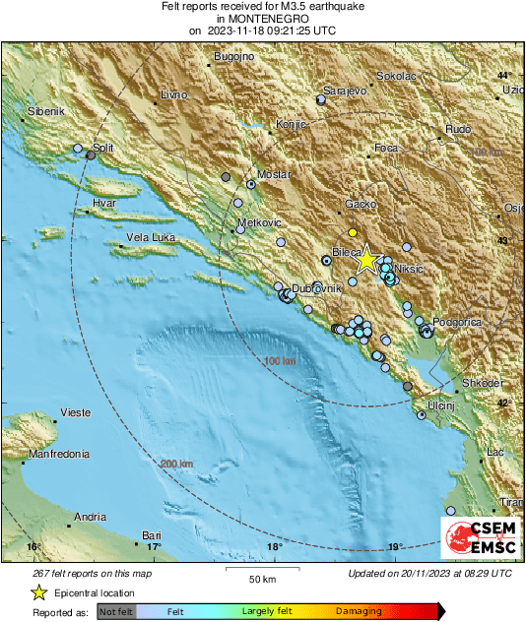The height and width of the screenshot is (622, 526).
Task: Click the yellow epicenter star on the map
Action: point(365,259)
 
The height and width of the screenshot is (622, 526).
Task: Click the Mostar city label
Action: point(275,174)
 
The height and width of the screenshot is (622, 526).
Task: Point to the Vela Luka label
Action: point(150,238)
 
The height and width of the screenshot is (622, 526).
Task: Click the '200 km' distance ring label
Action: point(178,464)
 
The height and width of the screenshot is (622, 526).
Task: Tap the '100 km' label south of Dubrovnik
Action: point(281,362)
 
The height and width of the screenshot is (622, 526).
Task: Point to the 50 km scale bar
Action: point(261,570)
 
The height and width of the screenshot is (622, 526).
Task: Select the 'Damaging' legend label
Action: point(359,611)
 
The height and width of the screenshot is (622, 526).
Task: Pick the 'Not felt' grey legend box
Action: point(116,611)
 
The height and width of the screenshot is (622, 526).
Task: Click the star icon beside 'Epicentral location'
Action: point(39,592)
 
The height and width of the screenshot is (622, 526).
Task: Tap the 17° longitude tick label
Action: point(154,546)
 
